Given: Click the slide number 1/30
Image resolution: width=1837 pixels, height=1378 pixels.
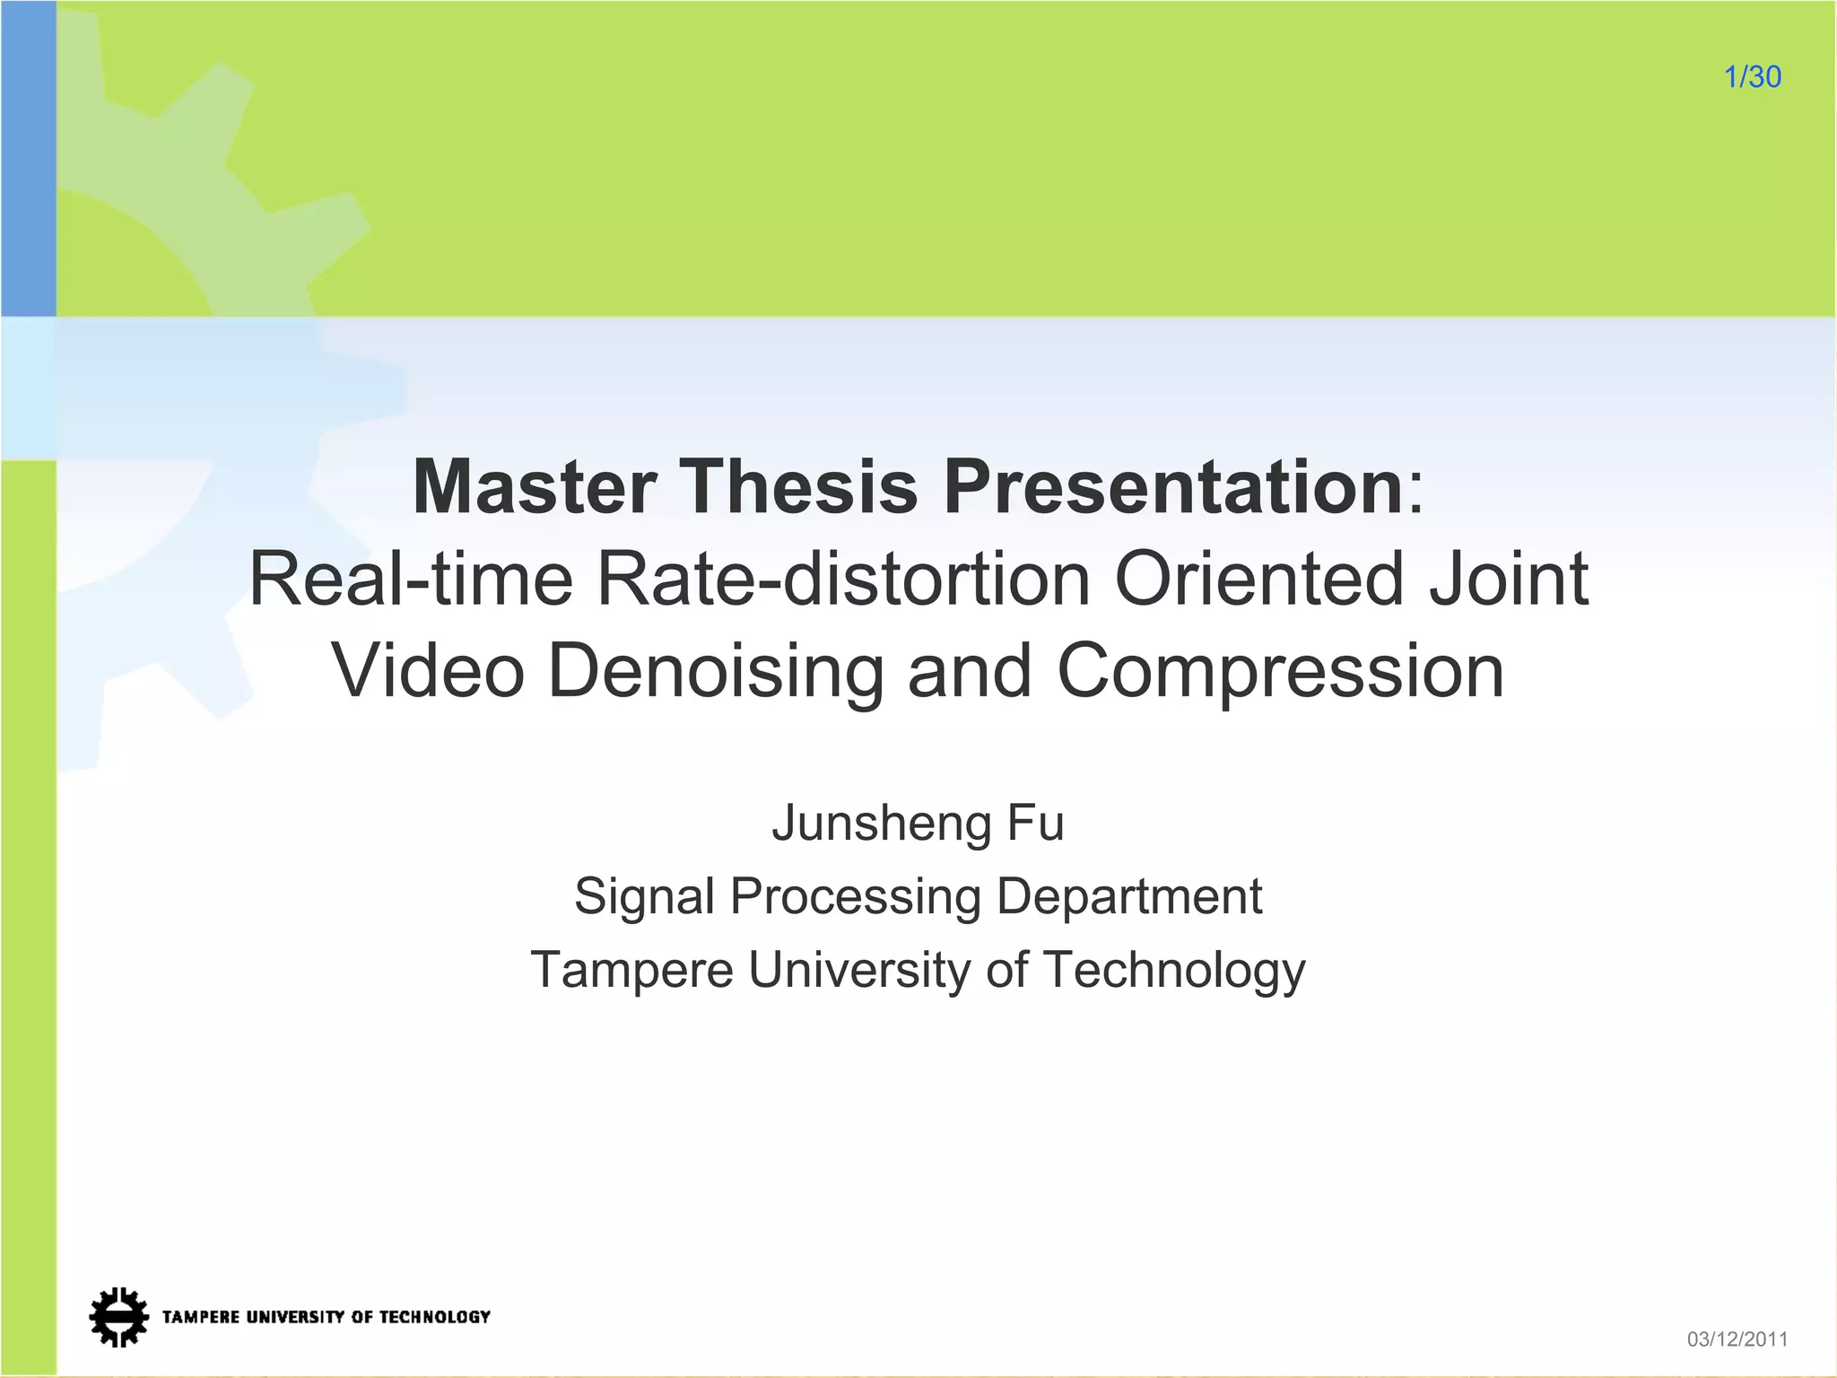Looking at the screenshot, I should [x=1752, y=77].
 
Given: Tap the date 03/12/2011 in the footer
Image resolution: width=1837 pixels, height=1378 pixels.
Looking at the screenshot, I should [x=1737, y=1339].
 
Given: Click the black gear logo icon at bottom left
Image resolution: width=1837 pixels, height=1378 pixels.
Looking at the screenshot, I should [x=118, y=1317].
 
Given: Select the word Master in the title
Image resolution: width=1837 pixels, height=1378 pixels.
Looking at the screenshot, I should [x=535, y=487].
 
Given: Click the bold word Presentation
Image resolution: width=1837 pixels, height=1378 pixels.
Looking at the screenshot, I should [x=1173, y=487].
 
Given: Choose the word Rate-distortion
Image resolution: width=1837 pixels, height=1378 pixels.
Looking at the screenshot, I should [x=844, y=580].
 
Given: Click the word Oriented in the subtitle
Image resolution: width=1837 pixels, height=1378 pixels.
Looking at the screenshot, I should [x=1258, y=580].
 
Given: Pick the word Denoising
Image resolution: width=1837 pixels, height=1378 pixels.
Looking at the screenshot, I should [x=716, y=671].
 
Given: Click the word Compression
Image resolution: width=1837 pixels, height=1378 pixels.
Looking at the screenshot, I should [x=1280, y=671].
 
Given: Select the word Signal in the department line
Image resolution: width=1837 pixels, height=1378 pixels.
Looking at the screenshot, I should [x=645, y=896].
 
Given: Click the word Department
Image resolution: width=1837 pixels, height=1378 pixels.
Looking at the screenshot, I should [x=1129, y=896].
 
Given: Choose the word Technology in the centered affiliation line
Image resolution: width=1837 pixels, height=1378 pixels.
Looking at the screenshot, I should [x=1174, y=970].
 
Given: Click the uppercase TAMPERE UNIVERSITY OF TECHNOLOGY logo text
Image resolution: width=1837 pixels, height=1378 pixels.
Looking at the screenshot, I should [x=326, y=1317].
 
